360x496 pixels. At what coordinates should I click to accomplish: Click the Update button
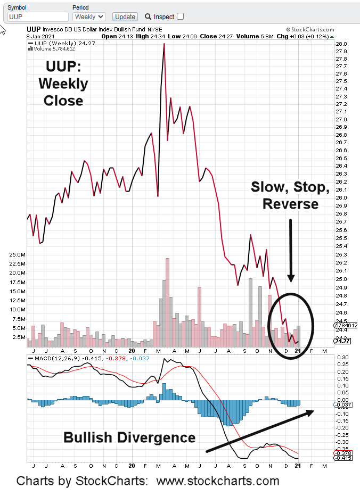(126, 16)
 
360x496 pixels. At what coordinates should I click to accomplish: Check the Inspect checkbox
(181, 16)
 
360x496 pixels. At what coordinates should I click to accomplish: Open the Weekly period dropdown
(89, 16)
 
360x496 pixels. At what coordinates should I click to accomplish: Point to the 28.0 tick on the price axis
(342, 44)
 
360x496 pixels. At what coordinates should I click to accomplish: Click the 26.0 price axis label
(342, 198)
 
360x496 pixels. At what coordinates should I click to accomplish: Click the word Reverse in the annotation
(291, 204)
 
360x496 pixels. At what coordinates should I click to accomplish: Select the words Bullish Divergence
(129, 437)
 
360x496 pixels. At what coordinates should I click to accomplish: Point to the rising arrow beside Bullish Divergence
(259, 432)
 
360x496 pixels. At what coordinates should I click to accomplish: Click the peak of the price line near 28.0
(164, 44)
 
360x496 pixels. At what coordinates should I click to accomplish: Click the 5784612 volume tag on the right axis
(346, 325)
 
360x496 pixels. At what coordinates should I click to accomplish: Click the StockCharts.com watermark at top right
(310, 30)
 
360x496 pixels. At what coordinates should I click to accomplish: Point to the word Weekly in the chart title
(63, 84)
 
